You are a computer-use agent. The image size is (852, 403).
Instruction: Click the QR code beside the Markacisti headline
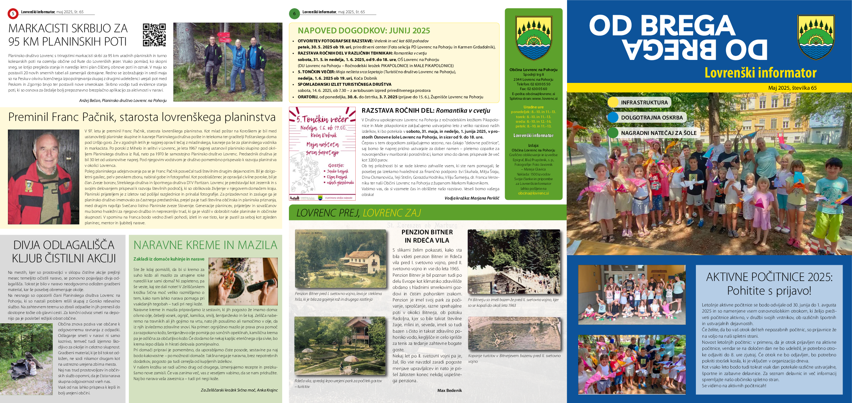click(x=154, y=35)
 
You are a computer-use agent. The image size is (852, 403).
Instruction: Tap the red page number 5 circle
click(x=13, y=14)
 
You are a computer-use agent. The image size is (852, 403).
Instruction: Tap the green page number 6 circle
click(x=294, y=14)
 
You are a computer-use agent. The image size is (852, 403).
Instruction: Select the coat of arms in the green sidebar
click(x=533, y=38)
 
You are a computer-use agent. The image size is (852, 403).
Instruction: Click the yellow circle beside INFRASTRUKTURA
click(x=613, y=102)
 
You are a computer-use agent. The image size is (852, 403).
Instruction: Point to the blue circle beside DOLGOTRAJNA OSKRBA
click(x=613, y=117)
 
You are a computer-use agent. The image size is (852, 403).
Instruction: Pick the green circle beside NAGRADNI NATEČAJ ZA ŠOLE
click(x=613, y=133)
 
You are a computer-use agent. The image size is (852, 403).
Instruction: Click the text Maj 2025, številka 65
click(x=792, y=88)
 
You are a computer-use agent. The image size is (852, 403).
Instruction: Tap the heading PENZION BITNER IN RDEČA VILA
click(x=427, y=236)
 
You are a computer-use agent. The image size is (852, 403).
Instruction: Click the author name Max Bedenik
click(x=449, y=390)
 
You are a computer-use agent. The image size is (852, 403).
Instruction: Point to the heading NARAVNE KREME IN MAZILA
click(x=205, y=245)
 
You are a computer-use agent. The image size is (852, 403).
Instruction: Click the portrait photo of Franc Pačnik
click(x=43, y=177)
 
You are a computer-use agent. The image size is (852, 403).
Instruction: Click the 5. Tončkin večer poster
click(x=322, y=153)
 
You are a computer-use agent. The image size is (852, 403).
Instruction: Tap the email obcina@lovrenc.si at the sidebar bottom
click(x=533, y=193)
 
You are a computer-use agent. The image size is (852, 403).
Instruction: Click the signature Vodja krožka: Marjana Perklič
click(x=472, y=198)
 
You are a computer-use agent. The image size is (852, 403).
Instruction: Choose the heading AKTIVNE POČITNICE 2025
click(x=769, y=277)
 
